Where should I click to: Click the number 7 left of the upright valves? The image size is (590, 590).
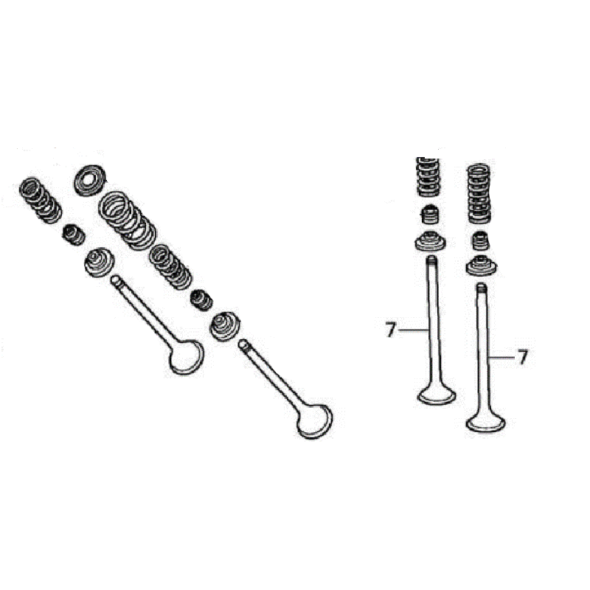pos(391,330)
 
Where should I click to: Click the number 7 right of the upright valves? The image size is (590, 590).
pos(522,357)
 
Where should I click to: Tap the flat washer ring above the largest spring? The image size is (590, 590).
pos(90,180)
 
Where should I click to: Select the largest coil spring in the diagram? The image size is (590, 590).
pos(127,221)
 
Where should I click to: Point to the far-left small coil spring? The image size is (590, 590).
pos(41,201)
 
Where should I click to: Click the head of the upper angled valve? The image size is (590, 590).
pos(187,357)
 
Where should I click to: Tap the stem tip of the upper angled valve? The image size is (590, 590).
pos(115,280)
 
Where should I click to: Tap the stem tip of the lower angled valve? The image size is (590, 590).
pos(243,344)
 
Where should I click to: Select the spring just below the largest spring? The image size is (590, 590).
pos(170,267)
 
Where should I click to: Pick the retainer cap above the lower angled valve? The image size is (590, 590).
pos(225,327)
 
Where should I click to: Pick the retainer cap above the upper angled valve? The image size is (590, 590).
pos(99,263)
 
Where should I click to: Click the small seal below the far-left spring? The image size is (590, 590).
pos(73,235)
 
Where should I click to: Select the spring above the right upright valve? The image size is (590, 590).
pos(479,193)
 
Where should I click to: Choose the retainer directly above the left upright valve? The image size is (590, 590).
pos(430,242)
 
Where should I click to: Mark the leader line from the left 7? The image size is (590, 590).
pos(413,330)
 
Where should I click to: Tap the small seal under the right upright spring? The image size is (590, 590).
pos(481,241)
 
